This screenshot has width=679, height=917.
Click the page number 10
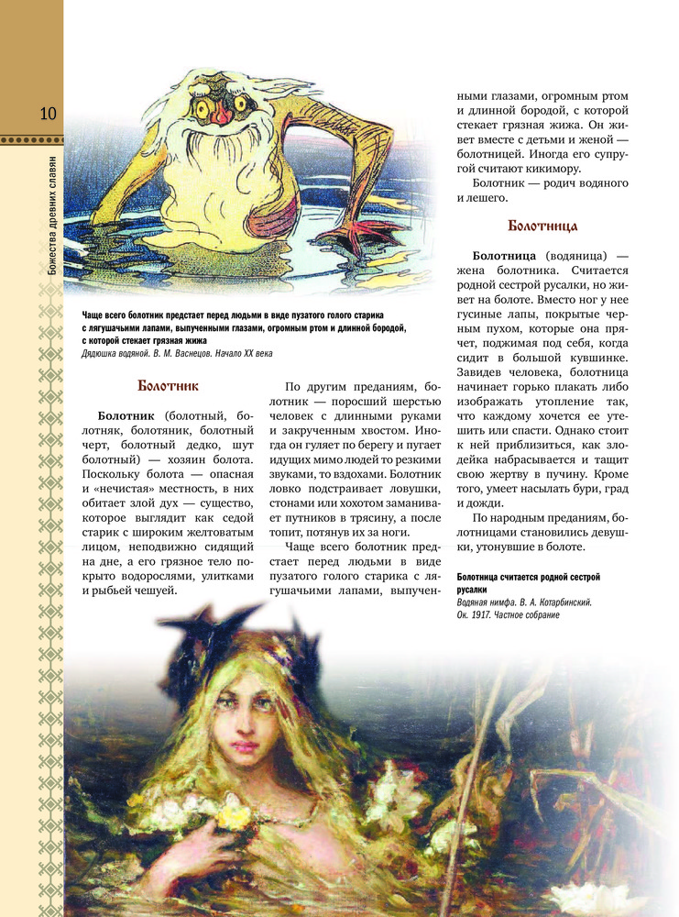[x=48, y=114]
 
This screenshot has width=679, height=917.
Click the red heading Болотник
[x=168, y=386]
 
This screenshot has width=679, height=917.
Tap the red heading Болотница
[x=542, y=226]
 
